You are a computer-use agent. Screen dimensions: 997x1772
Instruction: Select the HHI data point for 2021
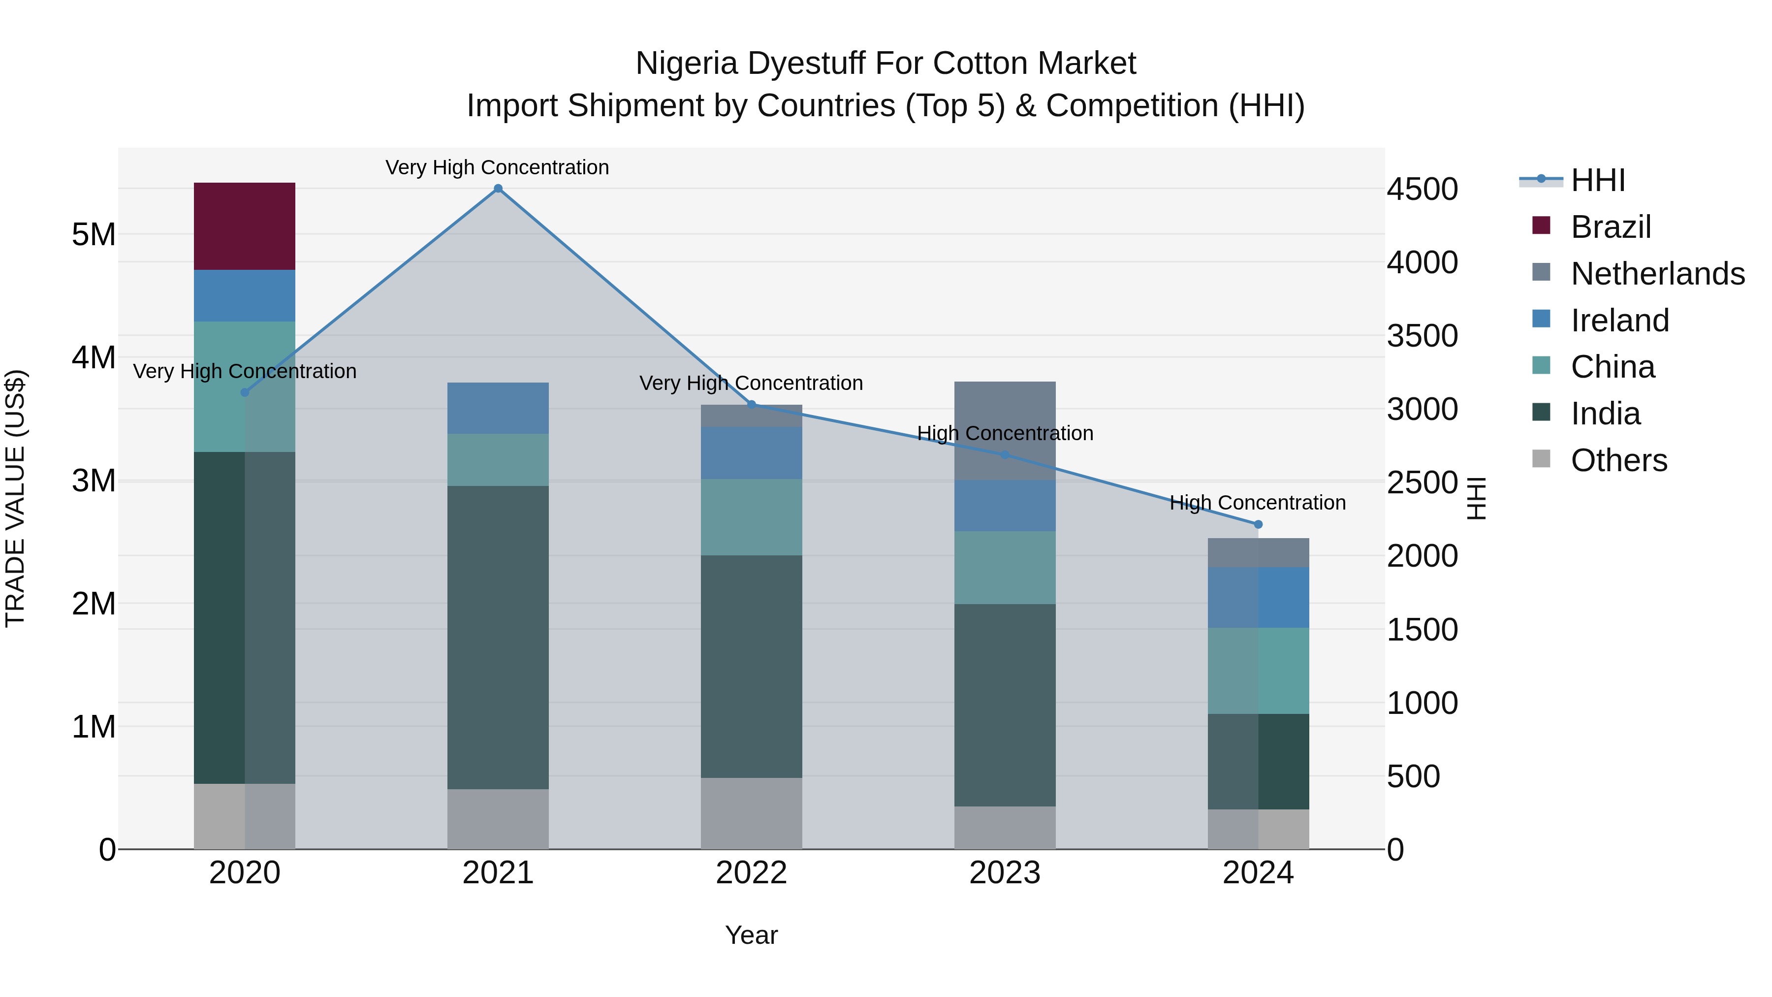pyautogui.click(x=498, y=189)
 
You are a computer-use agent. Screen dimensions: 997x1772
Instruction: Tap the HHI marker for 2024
pyautogui.click(x=1258, y=524)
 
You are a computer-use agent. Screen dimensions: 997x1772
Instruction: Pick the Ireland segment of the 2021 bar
pyautogui.click(x=498, y=408)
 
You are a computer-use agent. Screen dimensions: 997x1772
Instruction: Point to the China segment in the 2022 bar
pyautogui.click(x=751, y=517)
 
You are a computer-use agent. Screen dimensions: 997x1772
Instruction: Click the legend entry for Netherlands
pyautogui.click(x=1658, y=274)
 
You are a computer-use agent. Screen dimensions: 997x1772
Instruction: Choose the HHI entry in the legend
pyautogui.click(x=1598, y=180)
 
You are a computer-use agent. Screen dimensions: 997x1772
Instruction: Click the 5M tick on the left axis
pyautogui.click(x=94, y=235)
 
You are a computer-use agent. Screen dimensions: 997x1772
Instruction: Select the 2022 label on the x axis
pyautogui.click(x=751, y=873)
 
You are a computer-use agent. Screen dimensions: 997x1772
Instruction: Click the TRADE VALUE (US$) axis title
pyautogui.click(x=16, y=498)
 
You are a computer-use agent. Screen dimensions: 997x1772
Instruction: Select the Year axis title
pyautogui.click(x=751, y=935)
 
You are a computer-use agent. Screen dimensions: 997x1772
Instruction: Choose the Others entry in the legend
pyautogui.click(x=1618, y=460)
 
